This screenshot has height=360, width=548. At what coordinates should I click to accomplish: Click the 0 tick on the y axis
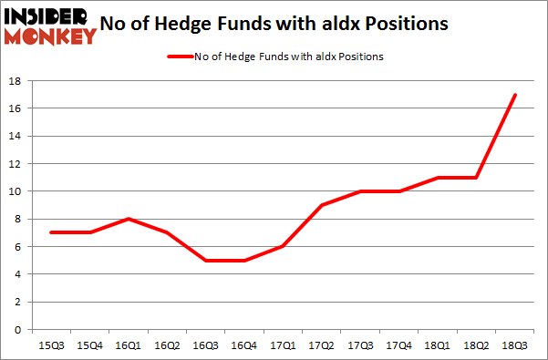coord(19,329)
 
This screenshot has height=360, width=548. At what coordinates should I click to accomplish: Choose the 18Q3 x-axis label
coord(515,345)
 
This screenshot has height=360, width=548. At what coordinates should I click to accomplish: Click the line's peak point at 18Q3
coord(515,95)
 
